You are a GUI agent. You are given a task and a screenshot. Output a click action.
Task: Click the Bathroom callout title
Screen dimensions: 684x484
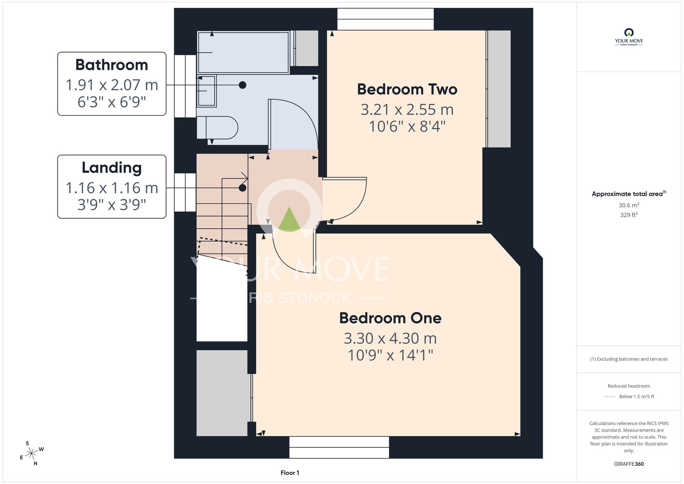[x=111, y=65]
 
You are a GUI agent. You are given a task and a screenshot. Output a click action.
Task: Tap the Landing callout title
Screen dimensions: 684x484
[x=111, y=168]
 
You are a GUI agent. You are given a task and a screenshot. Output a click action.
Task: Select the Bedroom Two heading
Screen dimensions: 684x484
[x=407, y=89]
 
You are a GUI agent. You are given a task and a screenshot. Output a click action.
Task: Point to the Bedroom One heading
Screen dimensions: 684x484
[x=390, y=318]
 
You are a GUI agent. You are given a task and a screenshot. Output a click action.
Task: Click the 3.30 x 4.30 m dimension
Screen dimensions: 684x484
[x=390, y=339]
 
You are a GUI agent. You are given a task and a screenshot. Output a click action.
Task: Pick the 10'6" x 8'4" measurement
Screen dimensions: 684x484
[x=407, y=127]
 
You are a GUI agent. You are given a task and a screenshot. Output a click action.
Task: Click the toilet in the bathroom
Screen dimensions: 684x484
[x=217, y=128]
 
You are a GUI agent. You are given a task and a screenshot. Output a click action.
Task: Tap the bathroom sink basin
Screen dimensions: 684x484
[x=207, y=91]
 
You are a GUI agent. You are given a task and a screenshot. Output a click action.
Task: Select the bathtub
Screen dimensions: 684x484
[x=244, y=52]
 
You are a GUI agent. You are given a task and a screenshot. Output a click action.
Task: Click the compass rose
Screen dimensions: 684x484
[x=31, y=454]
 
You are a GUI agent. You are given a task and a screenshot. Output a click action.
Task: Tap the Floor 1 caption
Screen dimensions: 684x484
[x=290, y=473]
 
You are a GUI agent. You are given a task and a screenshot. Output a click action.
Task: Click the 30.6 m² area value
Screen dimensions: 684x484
[x=629, y=205]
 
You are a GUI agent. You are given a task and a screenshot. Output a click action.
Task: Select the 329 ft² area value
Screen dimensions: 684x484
[x=629, y=215]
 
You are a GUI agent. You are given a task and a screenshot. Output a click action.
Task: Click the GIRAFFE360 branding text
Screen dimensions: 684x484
[x=629, y=464]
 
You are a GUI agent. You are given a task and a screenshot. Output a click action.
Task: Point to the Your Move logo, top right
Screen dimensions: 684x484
[x=629, y=37]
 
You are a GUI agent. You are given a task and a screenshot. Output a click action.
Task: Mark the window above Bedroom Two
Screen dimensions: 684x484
[x=385, y=19]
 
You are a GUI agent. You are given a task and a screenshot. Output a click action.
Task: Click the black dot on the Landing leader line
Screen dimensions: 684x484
[x=242, y=188]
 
